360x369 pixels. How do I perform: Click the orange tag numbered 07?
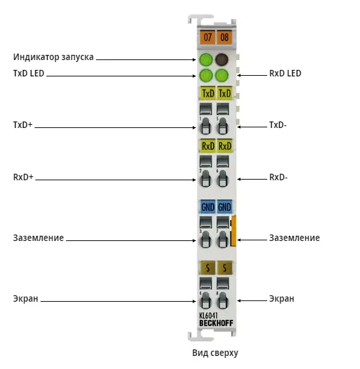[x=207, y=37]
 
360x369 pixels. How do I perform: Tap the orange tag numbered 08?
[x=224, y=37]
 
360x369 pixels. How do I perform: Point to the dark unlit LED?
[x=221, y=59]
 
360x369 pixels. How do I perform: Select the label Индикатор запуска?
[x=53, y=57]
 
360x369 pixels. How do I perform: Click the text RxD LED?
[x=285, y=73]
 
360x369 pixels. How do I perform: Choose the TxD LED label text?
[x=29, y=73]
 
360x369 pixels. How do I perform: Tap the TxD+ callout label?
[x=23, y=125]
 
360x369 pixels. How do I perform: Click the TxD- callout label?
[x=278, y=125]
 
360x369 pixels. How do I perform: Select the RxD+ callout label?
[x=23, y=177]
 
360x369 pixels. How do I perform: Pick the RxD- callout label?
[x=278, y=177]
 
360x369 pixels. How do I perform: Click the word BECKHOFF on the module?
[x=216, y=323]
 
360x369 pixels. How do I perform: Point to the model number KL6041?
[x=208, y=315]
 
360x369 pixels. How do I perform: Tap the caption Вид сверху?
[x=215, y=353]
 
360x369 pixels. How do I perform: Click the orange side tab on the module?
[x=233, y=231]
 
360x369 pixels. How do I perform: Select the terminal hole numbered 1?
[x=205, y=126]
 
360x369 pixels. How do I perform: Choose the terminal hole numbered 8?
[x=223, y=300]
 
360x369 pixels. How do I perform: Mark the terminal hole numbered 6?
[x=223, y=178]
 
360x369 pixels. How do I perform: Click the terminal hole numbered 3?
[x=205, y=239]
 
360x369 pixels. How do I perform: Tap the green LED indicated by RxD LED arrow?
[x=221, y=75]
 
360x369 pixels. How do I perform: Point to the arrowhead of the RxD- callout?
[x=238, y=180]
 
